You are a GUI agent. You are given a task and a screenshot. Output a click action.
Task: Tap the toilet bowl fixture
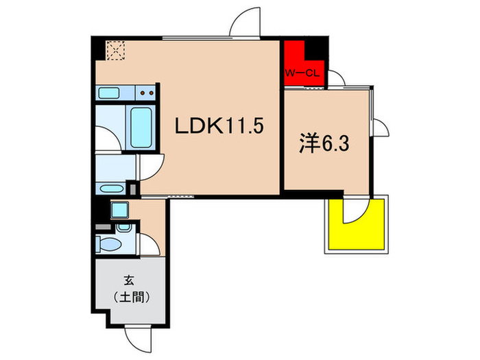point(108,243)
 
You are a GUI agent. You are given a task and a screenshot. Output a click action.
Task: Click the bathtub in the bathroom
point(143,128)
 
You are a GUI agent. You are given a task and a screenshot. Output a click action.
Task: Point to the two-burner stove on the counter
point(145,93)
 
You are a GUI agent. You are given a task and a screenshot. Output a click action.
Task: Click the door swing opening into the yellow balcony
point(356,211)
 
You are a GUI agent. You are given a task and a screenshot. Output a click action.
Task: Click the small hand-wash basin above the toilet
point(124,226)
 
